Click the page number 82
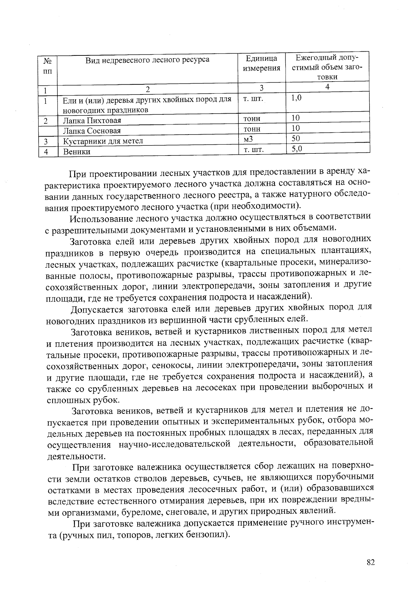point(370,562)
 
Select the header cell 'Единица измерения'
point(261,63)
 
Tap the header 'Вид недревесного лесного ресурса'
point(148,60)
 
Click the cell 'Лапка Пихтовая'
point(92,121)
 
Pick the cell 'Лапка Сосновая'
point(92,131)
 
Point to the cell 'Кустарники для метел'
point(103,141)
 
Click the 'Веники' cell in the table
point(77,152)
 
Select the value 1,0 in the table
point(296,98)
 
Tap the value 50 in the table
point(296,139)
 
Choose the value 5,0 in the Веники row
point(297,149)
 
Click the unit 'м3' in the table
point(248,139)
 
